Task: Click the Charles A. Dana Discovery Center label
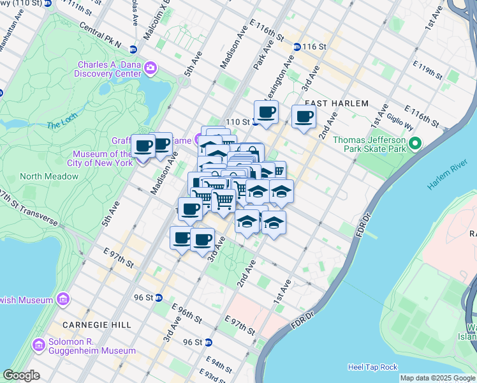pyautogui.click(x=109, y=69)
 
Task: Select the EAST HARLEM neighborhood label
pyautogui.click(x=337, y=103)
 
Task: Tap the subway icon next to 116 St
pyautogui.click(x=297, y=47)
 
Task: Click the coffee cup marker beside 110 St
pyautogui.click(x=267, y=112)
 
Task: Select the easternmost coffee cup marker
pyautogui.click(x=304, y=117)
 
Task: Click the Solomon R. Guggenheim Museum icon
pyautogui.click(x=38, y=345)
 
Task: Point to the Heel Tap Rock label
pyautogui.click(x=372, y=367)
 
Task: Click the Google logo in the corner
pyautogui.click(x=21, y=375)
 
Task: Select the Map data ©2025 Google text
pyautogui.click(x=437, y=378)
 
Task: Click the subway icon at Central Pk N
pyautogui.click(x=133, y=49)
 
